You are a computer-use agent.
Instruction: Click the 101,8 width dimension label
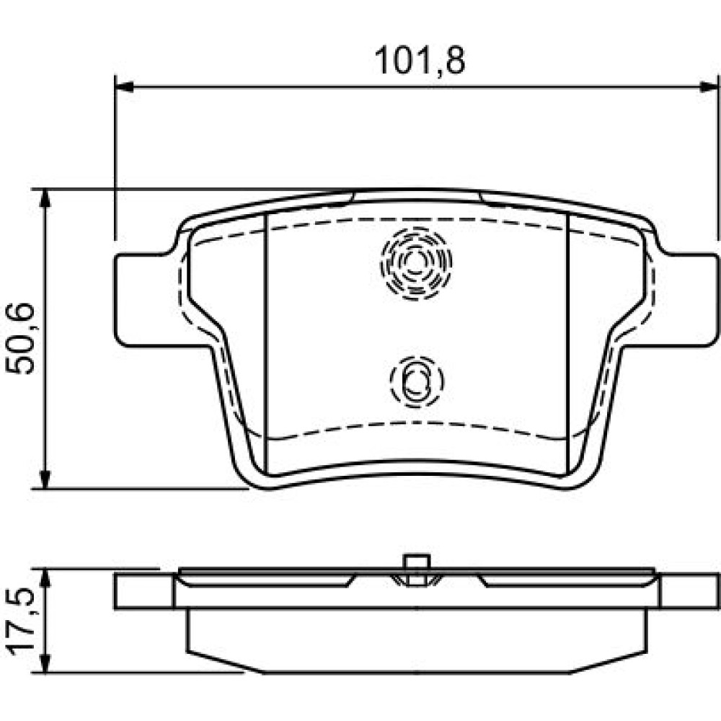coord(420,61)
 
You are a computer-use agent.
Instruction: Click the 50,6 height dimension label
coord(20,338)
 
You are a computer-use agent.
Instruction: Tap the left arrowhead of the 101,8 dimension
coord(124,87)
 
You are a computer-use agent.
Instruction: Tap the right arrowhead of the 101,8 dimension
coord(708,87)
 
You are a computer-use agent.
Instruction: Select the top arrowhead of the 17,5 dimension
coord(45,578)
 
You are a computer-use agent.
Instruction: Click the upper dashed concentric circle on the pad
coord(416,263)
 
